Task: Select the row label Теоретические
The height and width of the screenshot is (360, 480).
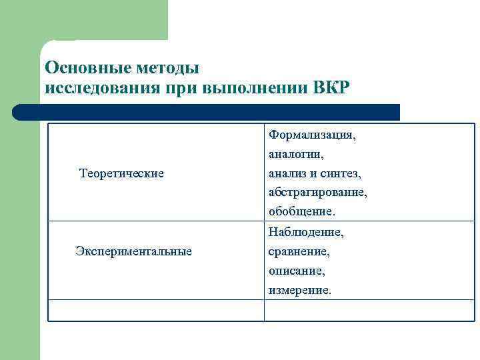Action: [x=121, y=173]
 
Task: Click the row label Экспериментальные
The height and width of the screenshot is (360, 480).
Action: [x=133, y=251]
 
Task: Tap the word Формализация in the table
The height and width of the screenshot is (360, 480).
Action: [x=312, y=135]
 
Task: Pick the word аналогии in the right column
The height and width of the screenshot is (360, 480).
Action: [x=296, y=155]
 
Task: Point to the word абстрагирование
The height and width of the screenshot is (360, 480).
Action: [x=318, y=193]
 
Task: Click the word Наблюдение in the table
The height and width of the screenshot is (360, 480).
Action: [x=306, y=233]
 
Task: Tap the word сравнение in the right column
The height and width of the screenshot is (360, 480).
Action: [x=299, y=252]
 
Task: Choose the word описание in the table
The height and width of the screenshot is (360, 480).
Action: [x=297, y=271]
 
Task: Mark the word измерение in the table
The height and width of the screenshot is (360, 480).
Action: [x=299, y=291]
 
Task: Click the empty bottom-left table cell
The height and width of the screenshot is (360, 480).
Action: [x=156, y=311]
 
